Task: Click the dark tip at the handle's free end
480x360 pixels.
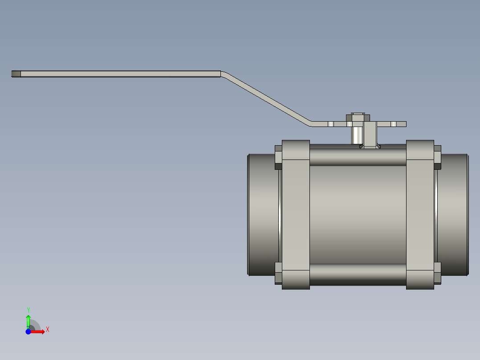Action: (x=16, y=74)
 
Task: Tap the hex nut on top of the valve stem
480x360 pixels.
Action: (x=358, y=118)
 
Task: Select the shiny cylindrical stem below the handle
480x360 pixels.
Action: (x=357, y=135)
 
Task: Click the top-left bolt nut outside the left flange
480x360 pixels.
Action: (x=278, y=157)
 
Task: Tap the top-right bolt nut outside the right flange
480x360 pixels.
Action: (x=437, y=157)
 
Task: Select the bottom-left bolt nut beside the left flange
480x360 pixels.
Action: (x=278, y=273)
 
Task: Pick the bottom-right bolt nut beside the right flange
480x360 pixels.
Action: (x=437, y=273)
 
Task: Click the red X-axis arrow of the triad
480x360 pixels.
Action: (x=39, y=331)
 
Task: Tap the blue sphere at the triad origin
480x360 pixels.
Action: (x=28, y=331)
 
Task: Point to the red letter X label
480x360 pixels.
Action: (x=48, y=330)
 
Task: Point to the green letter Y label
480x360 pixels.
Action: (x=28, y=310)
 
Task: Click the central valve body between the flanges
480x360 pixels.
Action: (x=358, y=214)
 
